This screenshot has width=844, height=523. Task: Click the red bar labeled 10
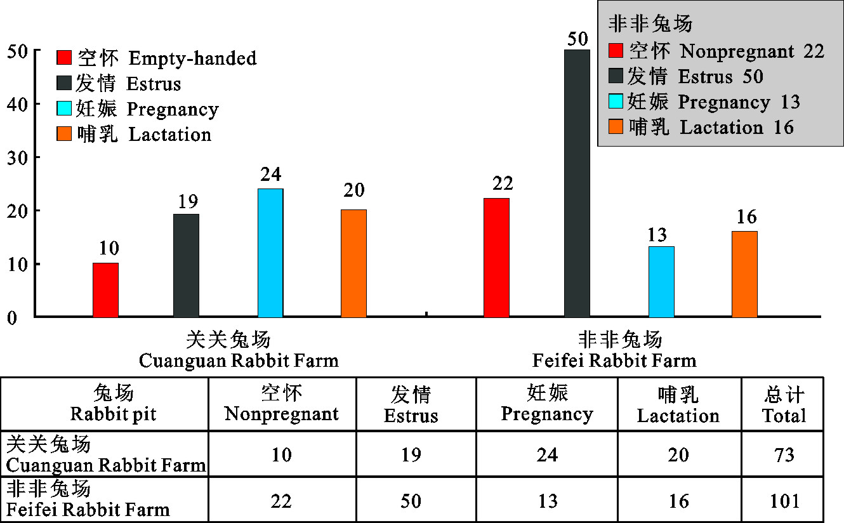click(x=105, y=289)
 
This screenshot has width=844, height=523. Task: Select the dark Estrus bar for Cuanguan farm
click(x=186, y=265)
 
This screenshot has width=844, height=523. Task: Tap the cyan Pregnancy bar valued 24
click(x=270, y=253)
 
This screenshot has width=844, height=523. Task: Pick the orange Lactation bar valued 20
click(x=353, y=263)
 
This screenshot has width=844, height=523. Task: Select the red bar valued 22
click(x=496, y=257)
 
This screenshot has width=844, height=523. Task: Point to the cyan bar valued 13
click(x=661, y=281)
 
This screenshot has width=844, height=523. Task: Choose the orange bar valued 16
click(x=744, y=274)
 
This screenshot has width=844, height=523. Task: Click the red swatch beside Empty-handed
click(x=65, y=58)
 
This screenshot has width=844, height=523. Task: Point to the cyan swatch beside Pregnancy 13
click(x=616, y=102)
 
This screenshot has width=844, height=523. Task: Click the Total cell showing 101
click(x=784, y=500)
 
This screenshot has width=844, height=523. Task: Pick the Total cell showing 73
click(x=784, y=455)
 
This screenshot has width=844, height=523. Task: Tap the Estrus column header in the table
click(x=411, y=405)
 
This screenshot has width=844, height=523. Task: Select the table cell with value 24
click(x=546, y=455)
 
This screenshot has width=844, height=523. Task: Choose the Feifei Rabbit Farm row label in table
click(x=89, y=500)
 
